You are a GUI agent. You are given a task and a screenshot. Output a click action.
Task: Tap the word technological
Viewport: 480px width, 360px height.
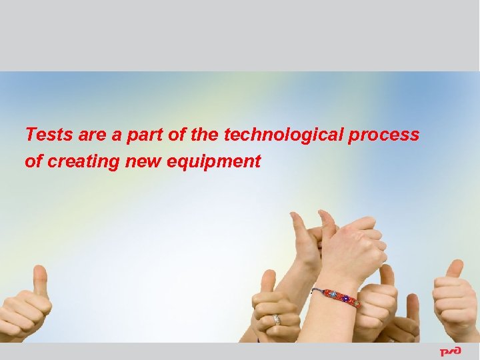tap(283, 135)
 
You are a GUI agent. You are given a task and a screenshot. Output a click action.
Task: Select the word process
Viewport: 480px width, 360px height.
tap(387, 135)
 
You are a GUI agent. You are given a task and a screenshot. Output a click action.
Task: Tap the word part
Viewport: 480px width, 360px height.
tap(143, 135)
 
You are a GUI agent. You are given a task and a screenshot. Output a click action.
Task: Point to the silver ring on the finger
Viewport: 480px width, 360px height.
tap(277, 320)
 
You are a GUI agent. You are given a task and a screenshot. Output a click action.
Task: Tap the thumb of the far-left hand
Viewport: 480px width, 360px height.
tap(39, 280)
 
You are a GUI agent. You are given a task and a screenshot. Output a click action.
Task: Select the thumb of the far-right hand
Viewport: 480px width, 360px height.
tap(455, 270)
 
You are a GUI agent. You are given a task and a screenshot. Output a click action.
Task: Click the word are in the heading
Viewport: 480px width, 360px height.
tap(91, 135)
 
